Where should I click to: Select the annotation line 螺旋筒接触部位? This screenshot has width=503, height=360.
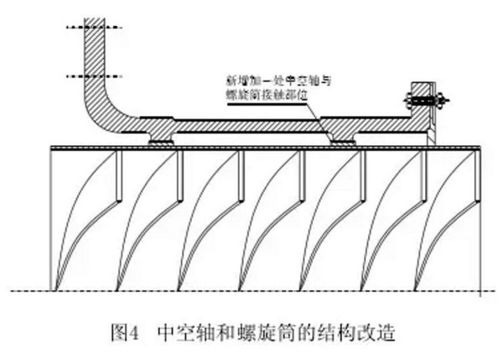(268, 95)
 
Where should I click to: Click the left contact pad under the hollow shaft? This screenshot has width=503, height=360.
(161, 141)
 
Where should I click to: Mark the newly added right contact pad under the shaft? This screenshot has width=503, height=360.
(344, 141)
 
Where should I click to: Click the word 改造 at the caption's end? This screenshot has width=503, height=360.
(373, 331)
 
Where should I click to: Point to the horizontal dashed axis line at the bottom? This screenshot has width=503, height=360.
(251, 291)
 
